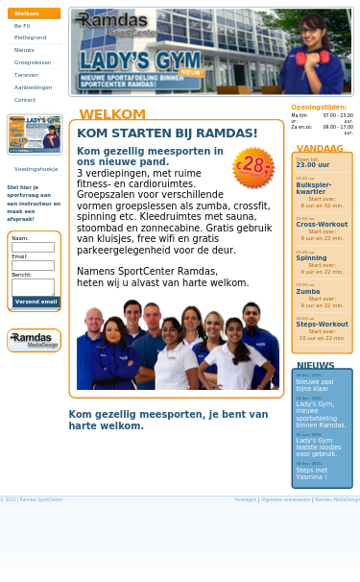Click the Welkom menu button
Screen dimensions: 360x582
click(34, 13)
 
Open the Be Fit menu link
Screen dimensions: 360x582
click(22, 26)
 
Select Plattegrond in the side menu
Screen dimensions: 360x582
click(30, 37)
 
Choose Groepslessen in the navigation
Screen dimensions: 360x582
click(33, 62)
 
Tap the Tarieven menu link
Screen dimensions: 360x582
click(26, 75)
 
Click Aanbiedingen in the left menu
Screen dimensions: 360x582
click(33, 87)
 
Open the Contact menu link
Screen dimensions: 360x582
click(25, 100)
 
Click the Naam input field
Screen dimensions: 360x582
click(33, 248)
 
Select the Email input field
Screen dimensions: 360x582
click(33, 266)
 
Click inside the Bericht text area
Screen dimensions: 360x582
click(33, 286)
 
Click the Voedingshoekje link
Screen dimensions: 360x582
click(36, 169)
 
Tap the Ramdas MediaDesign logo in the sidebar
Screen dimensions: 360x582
click(34, 340)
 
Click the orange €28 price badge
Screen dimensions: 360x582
click(253, 166)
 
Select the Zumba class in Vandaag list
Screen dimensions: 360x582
click(308, 291)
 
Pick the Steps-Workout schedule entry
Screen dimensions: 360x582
click(322, 325)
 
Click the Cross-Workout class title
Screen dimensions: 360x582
click(322, 225)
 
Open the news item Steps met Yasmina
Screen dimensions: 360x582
click(311, 473)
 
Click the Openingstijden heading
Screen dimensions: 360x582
click(319, 108)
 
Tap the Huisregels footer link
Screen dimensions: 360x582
click(246, 499)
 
